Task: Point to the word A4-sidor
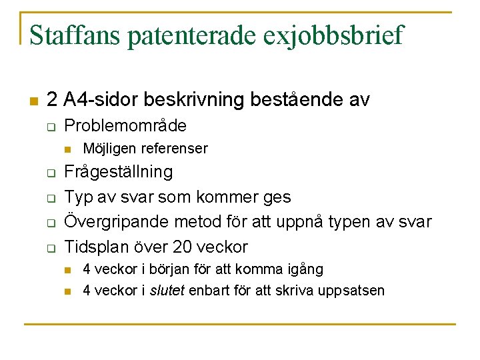tap(98, 101)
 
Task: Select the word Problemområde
tap(125, 125)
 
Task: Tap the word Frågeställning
tap(118, 172)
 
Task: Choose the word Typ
tap(77, 197)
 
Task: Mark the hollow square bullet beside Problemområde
tap(50, 127)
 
